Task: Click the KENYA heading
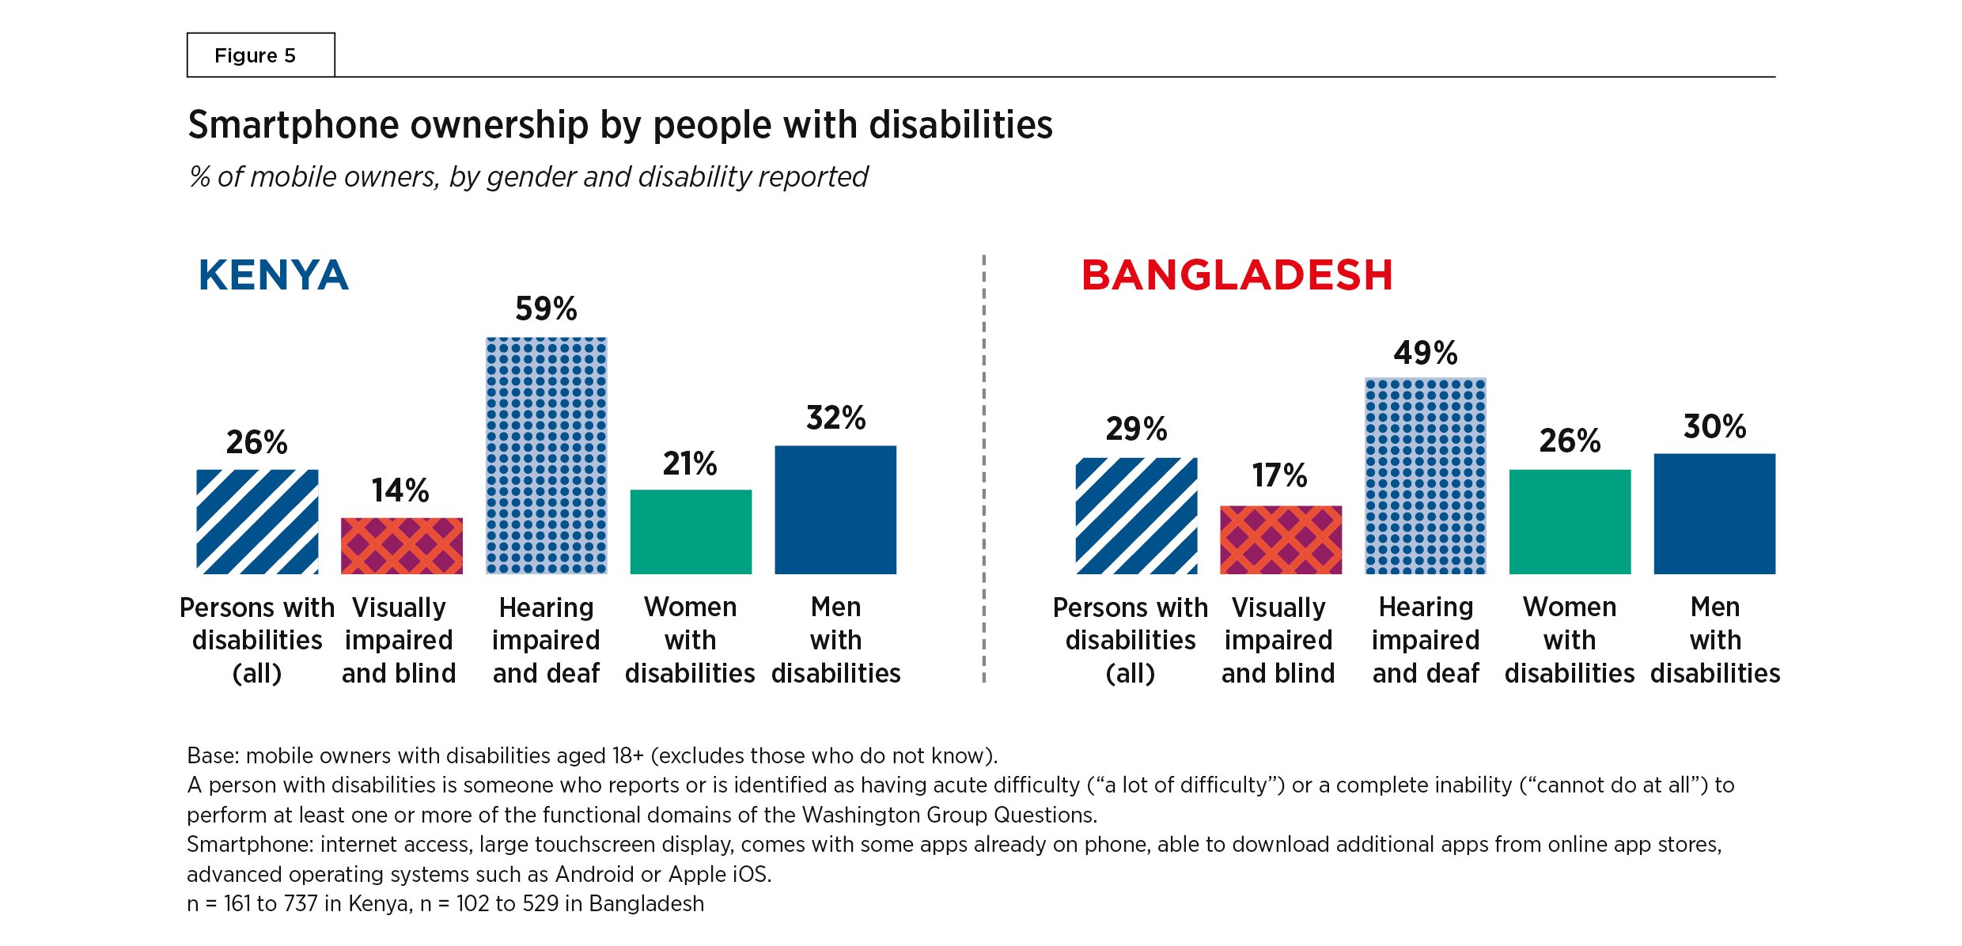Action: click(273, 275)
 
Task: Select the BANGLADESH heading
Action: click(1237, 275)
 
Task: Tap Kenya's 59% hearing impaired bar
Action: click(546, 455)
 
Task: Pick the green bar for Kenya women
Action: click(691, 532)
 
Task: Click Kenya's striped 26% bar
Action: click(257, 521)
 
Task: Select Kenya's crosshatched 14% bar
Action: click(402, 546)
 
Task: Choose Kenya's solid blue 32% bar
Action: click(835, 509)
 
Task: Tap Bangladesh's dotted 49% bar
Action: click(1426, 475)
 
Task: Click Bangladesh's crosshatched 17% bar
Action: click(1281, 539)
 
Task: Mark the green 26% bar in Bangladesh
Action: click(1570, 521)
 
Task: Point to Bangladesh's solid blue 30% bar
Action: click(1714, 513)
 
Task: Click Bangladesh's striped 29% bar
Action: click(1136, 515)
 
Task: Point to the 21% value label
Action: click(690, 464)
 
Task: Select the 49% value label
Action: click(1426, 353)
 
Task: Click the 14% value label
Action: click(400, 490)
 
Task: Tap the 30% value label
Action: click(1714, 427)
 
